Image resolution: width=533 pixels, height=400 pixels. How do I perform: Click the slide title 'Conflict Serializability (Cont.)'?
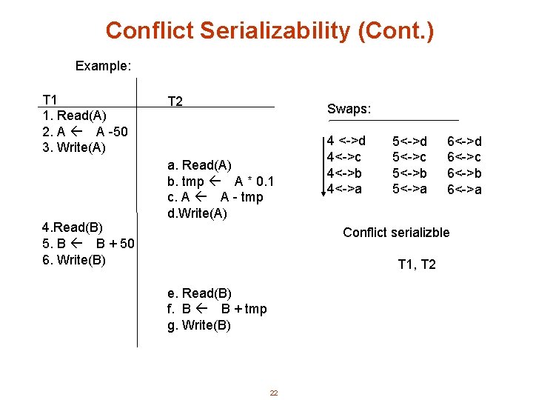point(269,31)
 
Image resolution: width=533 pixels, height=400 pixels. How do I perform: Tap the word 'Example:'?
point(103,66)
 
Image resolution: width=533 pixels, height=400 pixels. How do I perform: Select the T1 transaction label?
point(50,100)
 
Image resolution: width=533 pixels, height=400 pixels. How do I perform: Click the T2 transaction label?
point(175,101)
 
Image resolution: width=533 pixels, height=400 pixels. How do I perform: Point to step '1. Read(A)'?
point(74,116)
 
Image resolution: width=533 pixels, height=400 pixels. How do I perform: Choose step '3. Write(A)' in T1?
point(74,147)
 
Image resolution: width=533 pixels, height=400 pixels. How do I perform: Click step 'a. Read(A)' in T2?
point(199,165)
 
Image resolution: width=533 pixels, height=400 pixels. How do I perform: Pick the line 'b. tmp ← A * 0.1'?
point(221,181)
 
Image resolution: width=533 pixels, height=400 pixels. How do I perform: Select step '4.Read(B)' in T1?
point(72,227)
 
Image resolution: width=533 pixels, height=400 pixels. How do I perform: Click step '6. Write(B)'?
point(74,259)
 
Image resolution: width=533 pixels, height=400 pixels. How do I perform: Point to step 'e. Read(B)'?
point(199,293)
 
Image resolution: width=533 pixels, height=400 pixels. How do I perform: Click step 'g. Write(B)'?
point(199,325)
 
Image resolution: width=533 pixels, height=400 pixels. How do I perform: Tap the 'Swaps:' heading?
point(349,109)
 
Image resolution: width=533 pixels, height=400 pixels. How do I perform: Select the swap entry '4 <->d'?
point(346,141)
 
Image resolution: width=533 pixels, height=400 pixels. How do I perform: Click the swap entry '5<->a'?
point(409,189)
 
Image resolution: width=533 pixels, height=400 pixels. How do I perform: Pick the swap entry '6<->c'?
point(464,157)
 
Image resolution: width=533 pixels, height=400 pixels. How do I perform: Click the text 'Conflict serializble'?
point(396,233)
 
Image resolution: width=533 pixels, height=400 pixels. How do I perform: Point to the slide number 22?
point(273,393)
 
